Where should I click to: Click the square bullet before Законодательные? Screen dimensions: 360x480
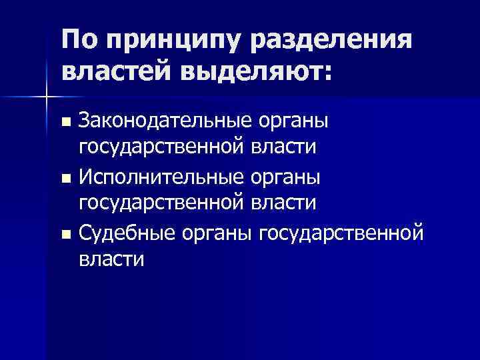tap(65, 123)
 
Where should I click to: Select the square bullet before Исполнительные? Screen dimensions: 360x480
tap(65, 179)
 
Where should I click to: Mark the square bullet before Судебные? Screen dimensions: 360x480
tap(65, 235)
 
